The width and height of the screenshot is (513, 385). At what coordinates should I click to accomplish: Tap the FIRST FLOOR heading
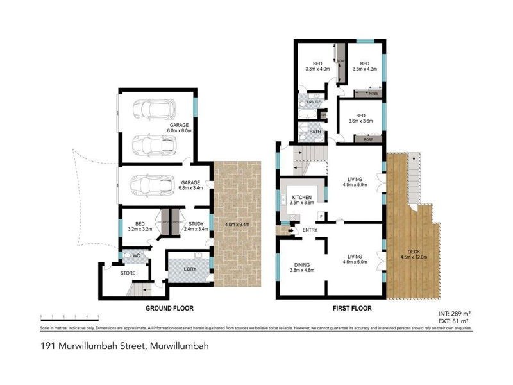(352, 308)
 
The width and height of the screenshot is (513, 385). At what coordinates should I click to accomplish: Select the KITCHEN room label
(302, 198)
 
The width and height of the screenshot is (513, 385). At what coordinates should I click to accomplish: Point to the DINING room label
(301, 264)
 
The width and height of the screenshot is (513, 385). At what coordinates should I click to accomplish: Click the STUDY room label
(196, 223)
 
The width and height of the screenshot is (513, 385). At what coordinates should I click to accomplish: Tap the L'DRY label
(189, 268)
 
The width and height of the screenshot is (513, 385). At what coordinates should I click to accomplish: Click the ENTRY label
(310, 229)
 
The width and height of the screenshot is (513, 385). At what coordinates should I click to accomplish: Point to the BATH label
(315, 132)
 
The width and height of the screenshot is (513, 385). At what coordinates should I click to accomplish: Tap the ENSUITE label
(314, 102)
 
